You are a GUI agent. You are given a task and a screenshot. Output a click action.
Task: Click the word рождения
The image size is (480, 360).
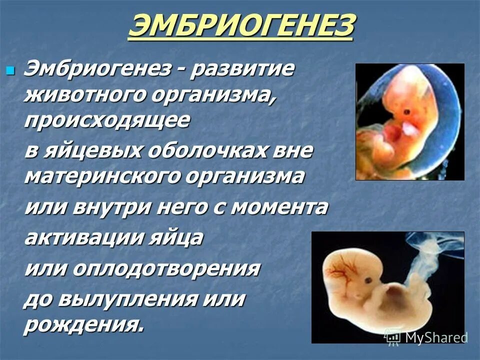(84, 325)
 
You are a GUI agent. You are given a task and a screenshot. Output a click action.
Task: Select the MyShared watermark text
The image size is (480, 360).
(435, 337)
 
